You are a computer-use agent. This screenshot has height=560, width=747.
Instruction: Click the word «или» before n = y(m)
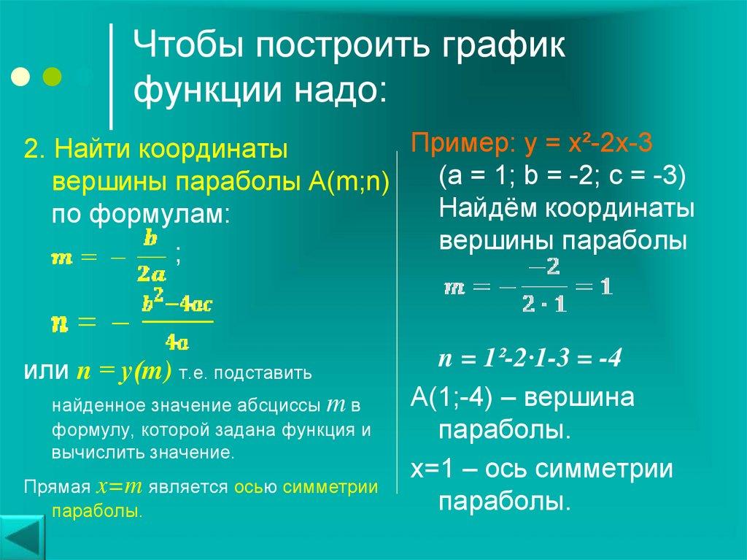[x=47, y=372]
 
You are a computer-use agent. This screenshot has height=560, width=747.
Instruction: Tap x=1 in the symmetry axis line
[x=430, y=469]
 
